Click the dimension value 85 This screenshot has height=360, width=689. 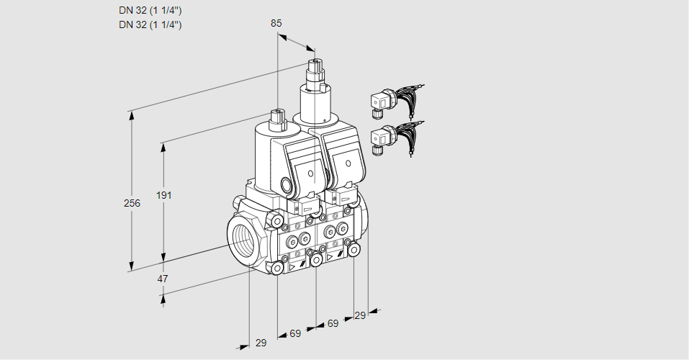click(276, 23)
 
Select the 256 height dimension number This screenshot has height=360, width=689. click(132, 204)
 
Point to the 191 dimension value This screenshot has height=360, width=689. click(166, 195)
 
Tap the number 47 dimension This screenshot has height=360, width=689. click(163, 279)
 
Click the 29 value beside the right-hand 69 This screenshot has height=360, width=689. click(360, 315)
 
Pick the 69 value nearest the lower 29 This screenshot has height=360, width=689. click(295, 333)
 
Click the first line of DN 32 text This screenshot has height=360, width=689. click(150, 11)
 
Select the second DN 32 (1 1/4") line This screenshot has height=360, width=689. click(150, 24)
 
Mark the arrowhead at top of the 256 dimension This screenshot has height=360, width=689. click(131, 114)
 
